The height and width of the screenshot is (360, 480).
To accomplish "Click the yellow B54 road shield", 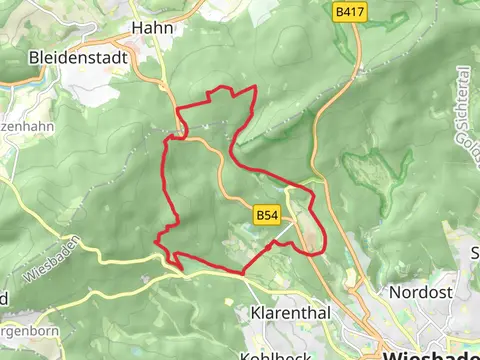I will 265,215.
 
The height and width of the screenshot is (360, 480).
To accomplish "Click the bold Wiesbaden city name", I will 431,352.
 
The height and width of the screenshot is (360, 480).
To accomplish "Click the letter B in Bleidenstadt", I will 36,57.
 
